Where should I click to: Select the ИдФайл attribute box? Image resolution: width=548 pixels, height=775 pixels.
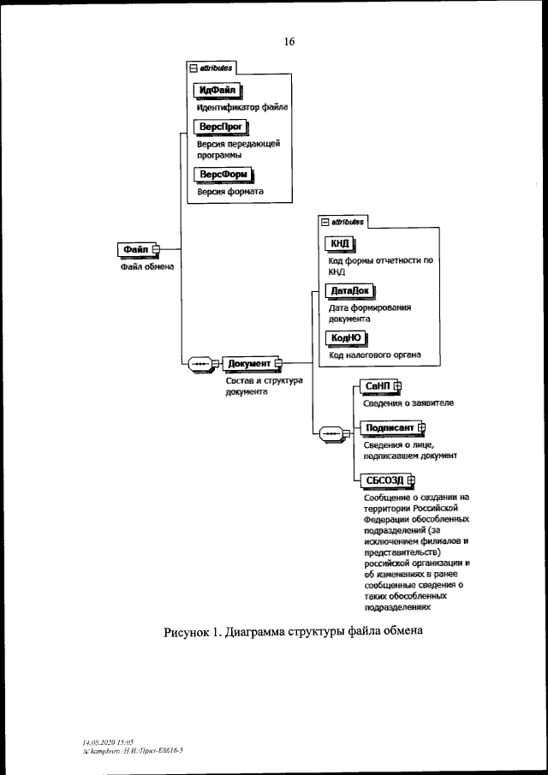(x=217, y=91)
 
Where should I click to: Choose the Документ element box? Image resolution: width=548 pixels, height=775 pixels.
(x=249, y=363)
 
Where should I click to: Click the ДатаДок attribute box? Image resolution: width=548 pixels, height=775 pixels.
(x=350, y=291)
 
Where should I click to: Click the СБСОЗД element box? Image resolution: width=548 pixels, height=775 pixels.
(x=384, y=481)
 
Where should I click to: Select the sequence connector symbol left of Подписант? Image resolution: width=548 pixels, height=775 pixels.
(x=331, y=434)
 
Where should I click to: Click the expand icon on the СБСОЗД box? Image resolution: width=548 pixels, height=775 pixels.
(x=411, y=481)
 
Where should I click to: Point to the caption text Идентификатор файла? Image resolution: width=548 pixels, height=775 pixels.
(x=241, y=108)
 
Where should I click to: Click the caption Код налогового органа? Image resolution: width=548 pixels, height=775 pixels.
(x=376, y=355)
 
